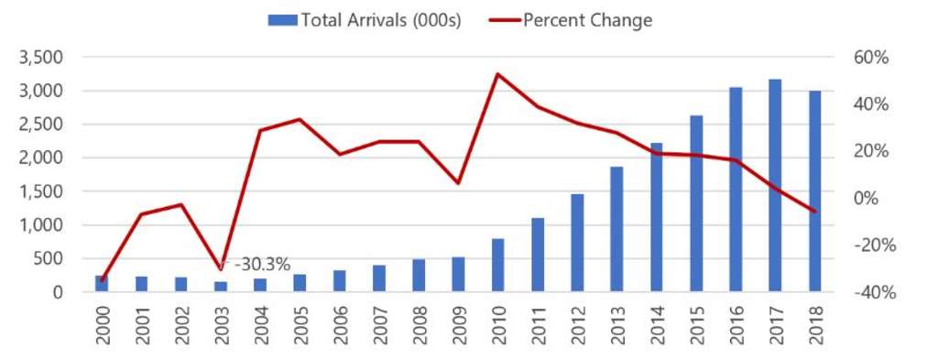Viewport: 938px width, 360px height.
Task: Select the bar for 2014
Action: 656,218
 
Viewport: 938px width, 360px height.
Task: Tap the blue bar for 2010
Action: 497,266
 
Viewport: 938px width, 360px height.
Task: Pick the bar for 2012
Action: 577,243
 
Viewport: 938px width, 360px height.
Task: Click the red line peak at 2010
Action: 497,74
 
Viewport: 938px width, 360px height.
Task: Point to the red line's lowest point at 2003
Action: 221,269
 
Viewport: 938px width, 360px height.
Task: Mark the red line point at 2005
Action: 300,119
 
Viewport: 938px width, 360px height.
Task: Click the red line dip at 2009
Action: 458,183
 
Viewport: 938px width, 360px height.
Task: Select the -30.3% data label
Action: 262,265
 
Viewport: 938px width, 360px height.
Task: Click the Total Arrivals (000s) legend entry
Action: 365,20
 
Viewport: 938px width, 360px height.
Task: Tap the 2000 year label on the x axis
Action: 102,327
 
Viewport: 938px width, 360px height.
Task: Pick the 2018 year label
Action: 814,327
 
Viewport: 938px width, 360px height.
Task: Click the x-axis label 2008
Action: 419,327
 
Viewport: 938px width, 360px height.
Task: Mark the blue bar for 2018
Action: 814,191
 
